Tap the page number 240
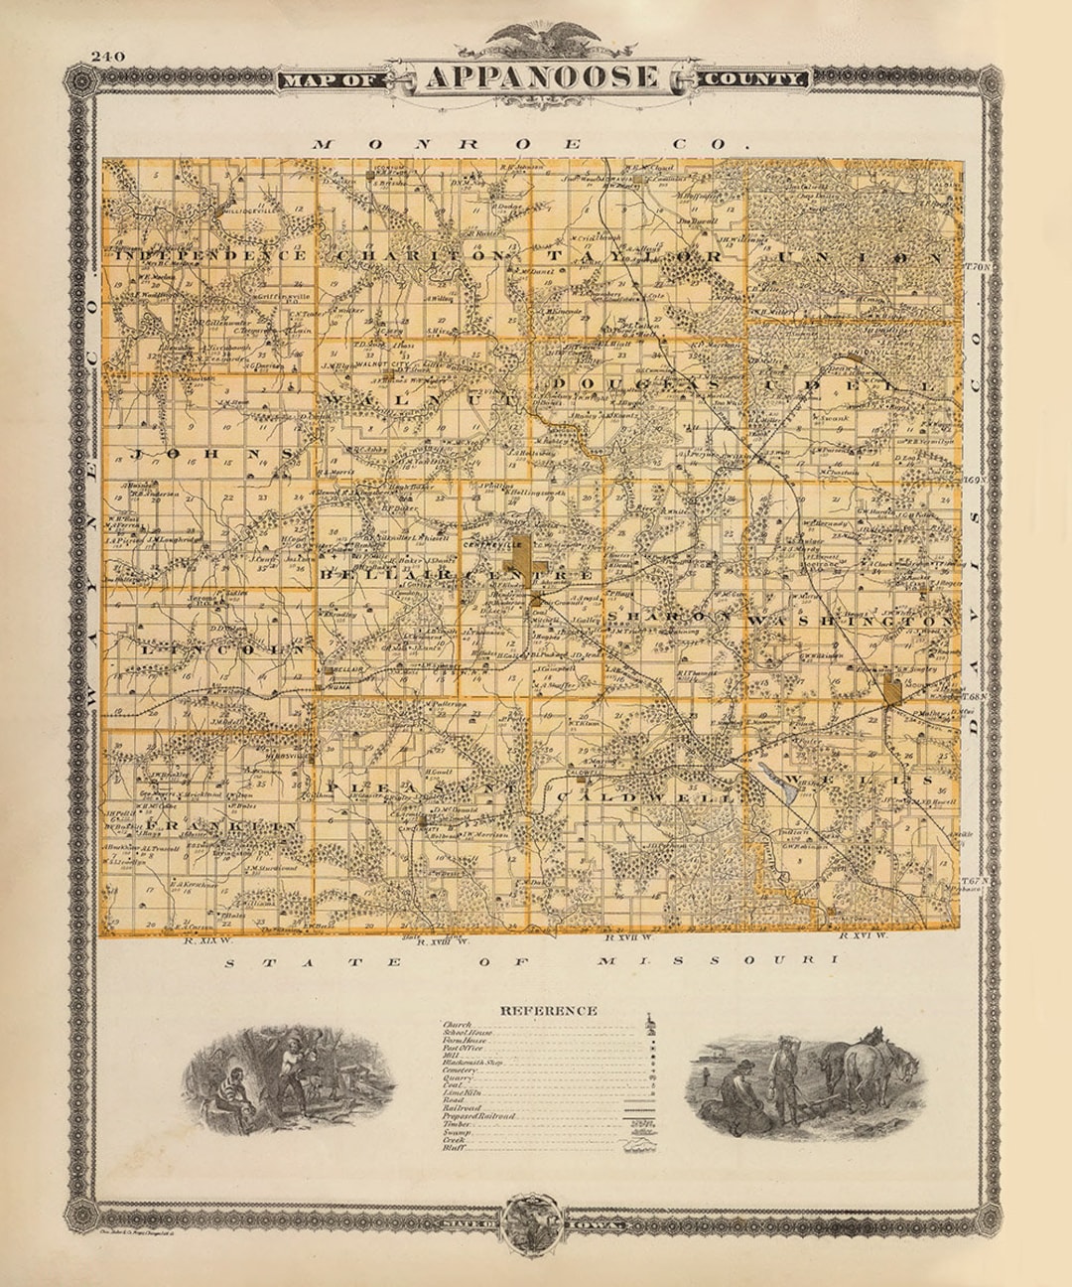[x=107, y=57]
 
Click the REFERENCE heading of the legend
[x=549, y=1010]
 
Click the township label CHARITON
[x=421, y=256]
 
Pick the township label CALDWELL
[x=645, y=796]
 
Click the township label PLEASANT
[x=422, y=787]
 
